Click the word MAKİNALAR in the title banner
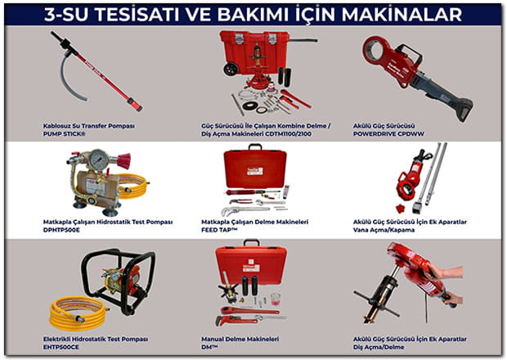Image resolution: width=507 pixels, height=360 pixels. pos(402,14)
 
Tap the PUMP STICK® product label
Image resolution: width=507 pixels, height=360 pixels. pos(65,134)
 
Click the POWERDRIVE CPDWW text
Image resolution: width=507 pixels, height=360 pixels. pos(388,134)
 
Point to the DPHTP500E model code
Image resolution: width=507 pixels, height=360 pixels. pos(61,230)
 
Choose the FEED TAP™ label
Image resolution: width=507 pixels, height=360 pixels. pos(219,230)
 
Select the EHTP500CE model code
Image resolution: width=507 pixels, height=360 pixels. pos(61,347)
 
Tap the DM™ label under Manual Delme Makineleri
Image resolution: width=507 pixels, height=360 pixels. pos(209,347)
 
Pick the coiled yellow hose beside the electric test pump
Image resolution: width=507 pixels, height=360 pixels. pos(78,313)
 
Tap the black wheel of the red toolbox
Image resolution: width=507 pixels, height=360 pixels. pos(231,69)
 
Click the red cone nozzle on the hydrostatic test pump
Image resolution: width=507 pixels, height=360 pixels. pos(123,161)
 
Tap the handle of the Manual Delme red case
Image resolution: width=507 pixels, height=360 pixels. pos(251,242)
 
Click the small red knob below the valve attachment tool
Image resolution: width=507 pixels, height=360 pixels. pos(401,208)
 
